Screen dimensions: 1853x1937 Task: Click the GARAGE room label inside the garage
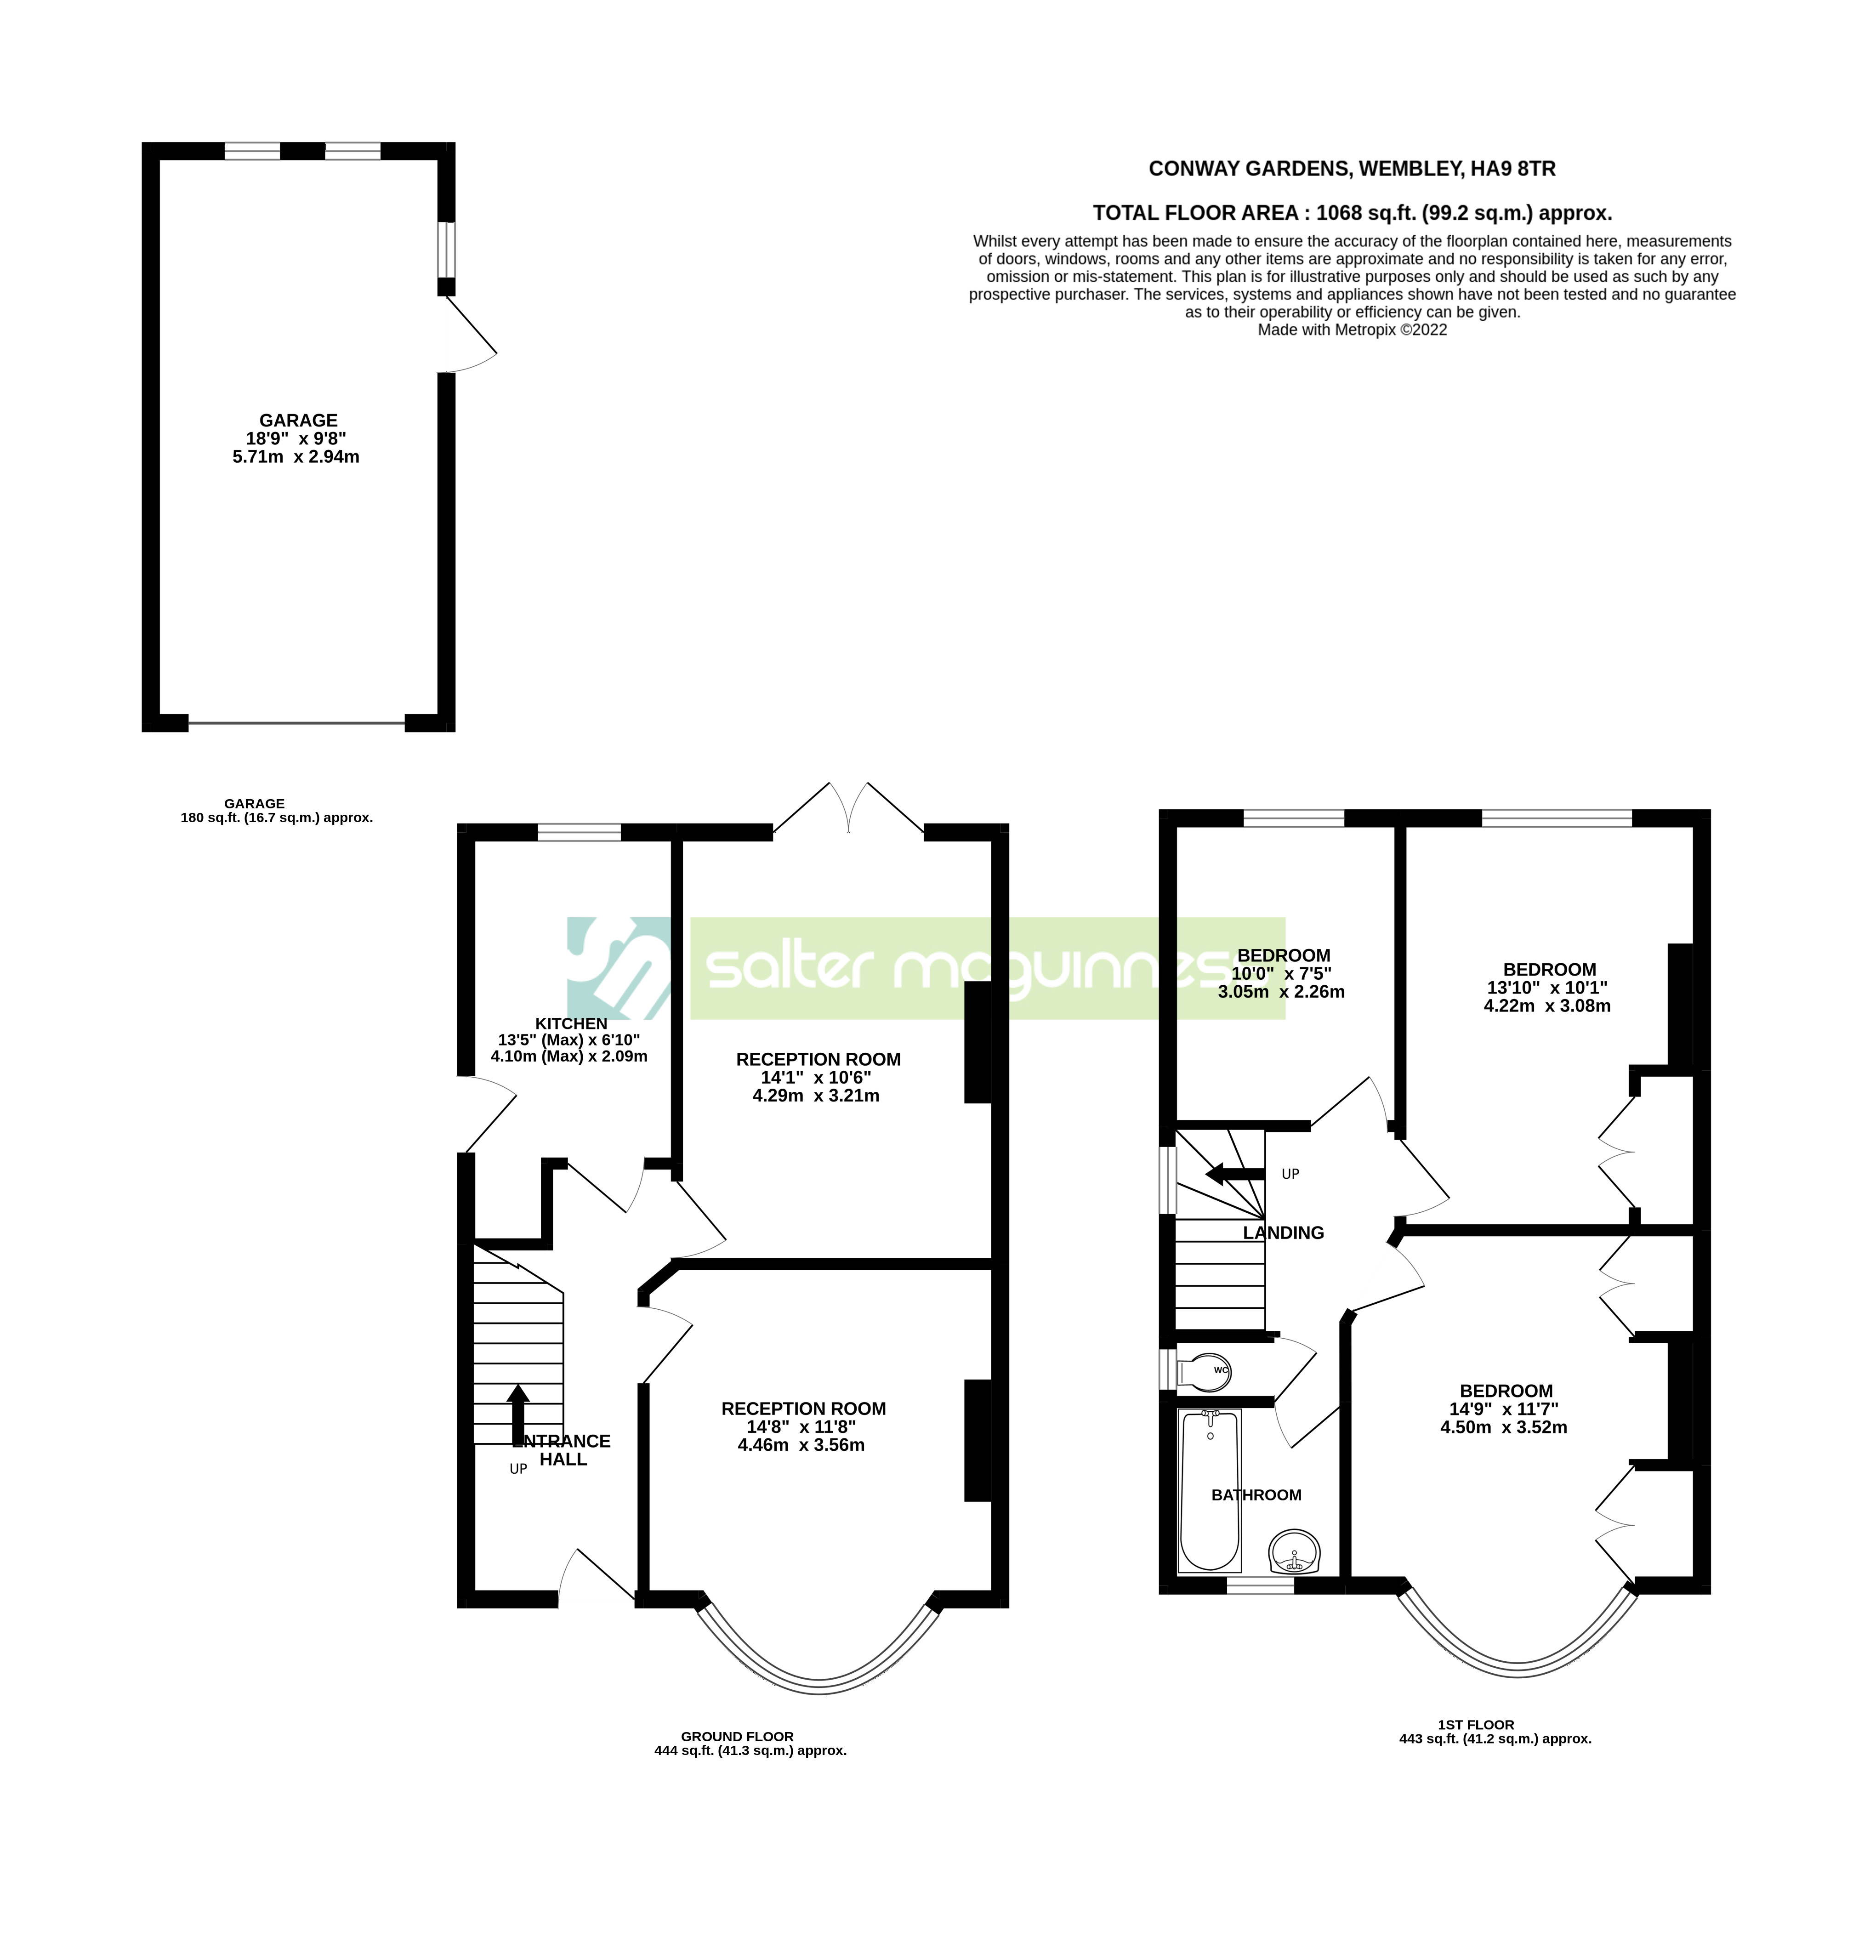click(x=298, y=420)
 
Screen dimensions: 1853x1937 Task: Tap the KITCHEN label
click(x=571, y=1023)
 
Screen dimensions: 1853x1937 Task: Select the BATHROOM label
click(x=1256, y=1494)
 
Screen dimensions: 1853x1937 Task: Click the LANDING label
click(x=1283, y=1233)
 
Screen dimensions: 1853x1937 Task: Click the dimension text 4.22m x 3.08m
click(x=1547, y=1005)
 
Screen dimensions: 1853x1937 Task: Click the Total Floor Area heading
click(x=1352, y=212)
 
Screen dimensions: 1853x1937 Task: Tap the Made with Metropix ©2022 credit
click(x=1352, y=330)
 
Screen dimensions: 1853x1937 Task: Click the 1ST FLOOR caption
click(x=1477, y=1725)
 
